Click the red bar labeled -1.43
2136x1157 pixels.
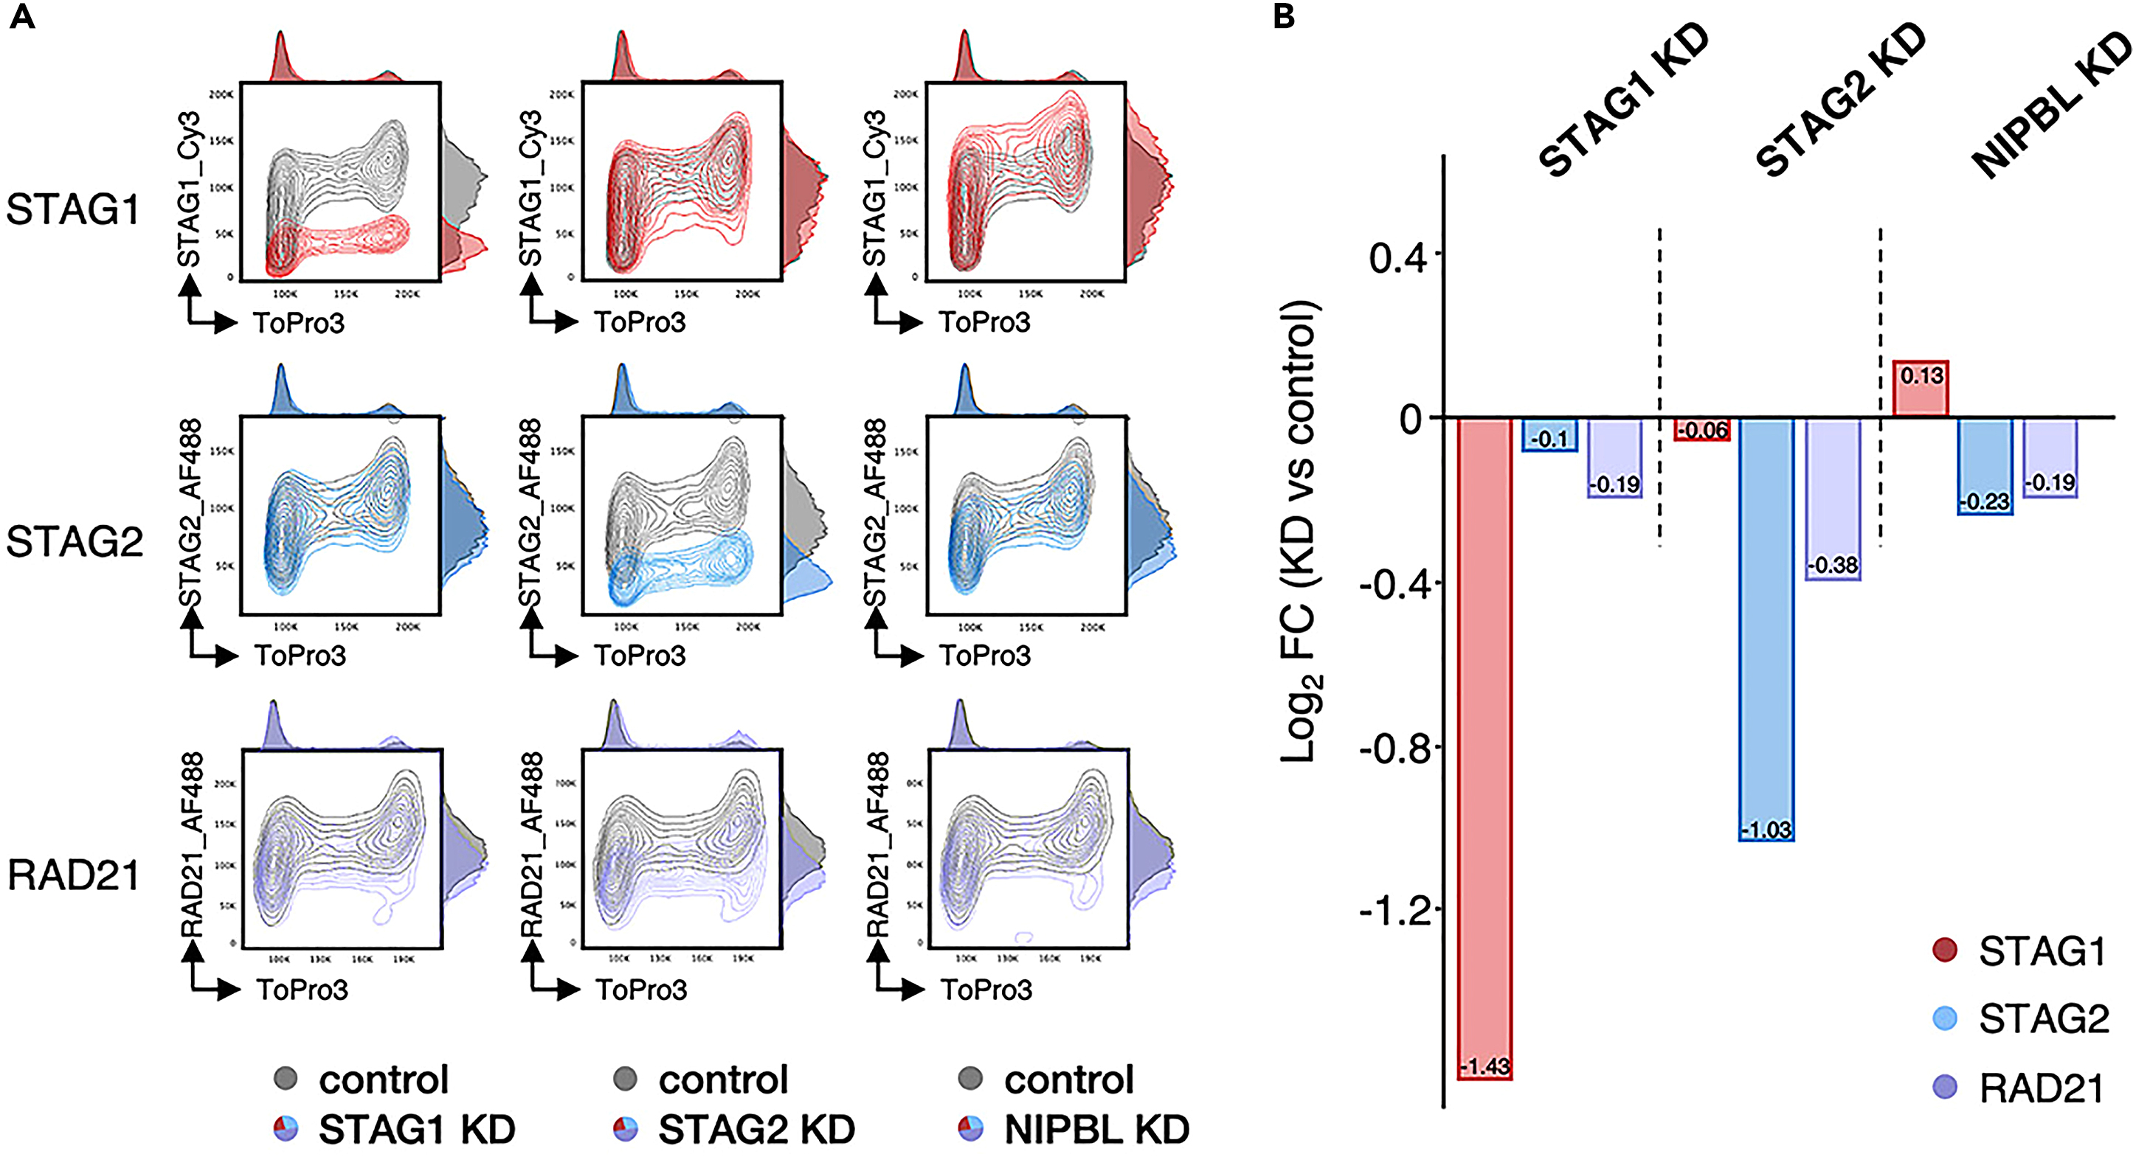1485,746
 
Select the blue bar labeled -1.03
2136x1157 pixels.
1766,630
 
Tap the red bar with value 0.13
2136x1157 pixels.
1921,389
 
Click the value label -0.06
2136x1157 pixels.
1702,430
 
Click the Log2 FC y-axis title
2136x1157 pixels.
1300,530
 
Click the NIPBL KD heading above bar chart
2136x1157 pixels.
2052,108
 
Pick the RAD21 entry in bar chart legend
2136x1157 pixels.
2042,1088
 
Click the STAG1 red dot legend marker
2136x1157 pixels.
1944,950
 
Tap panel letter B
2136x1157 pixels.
1284,15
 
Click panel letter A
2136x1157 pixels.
21,15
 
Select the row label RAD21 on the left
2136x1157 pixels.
73,875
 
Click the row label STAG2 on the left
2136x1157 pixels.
75,542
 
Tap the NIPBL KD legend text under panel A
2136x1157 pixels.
1096,1129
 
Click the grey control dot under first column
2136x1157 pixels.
286,1078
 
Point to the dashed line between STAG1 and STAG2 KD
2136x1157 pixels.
1659,389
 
